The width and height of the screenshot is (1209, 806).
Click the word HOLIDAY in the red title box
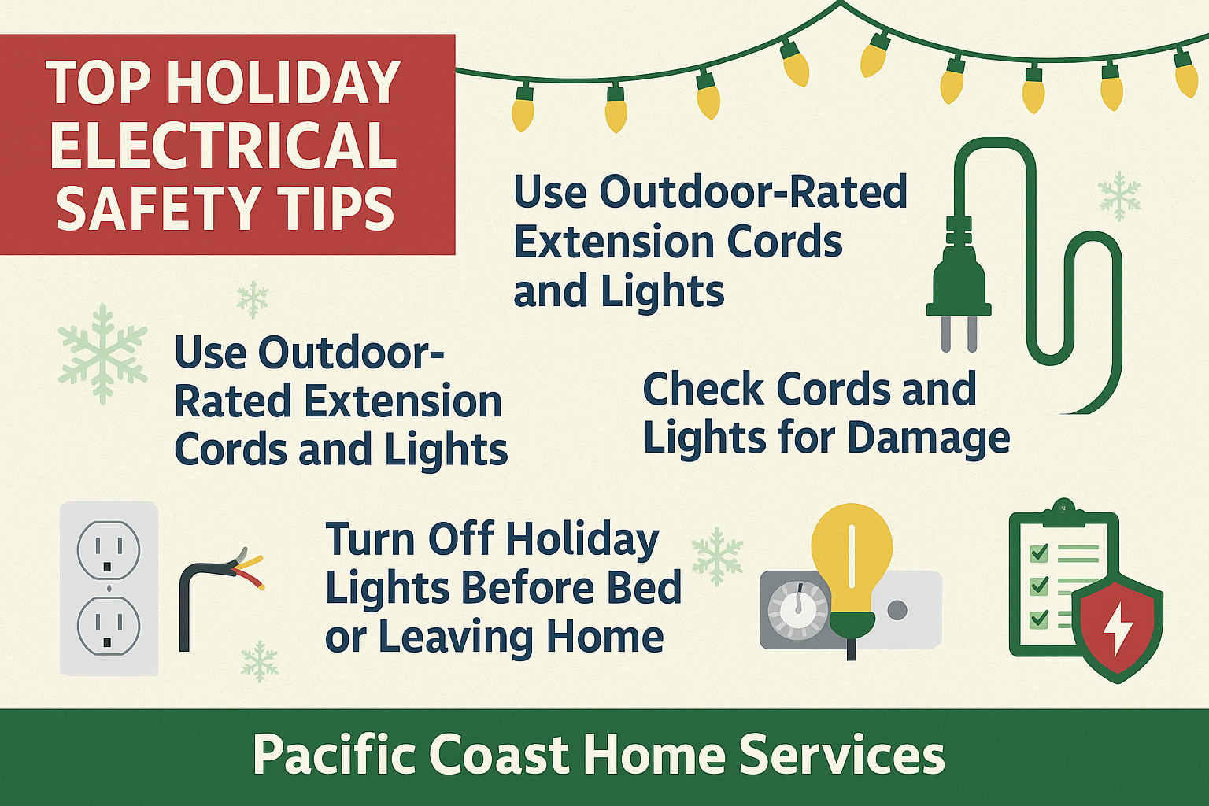284,83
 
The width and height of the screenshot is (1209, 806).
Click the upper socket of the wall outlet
109,549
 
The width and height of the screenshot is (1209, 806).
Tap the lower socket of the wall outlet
109,627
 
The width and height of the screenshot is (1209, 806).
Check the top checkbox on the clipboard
1039,553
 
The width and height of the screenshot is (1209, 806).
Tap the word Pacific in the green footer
334,756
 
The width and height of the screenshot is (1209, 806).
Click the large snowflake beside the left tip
102,353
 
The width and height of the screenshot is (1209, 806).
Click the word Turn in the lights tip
370,540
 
